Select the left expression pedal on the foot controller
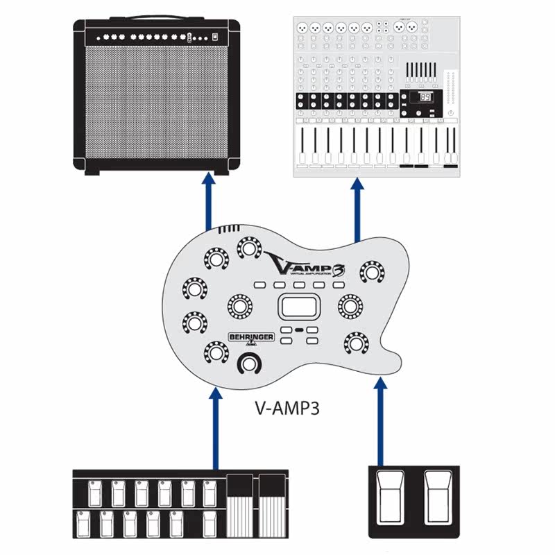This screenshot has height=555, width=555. [x=240, y=507]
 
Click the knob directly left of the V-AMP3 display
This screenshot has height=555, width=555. [x=240, y=305]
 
